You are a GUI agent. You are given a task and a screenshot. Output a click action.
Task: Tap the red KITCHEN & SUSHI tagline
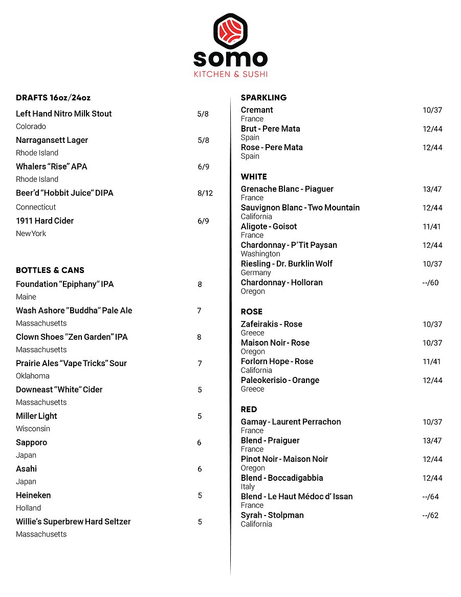(x=230, y=74)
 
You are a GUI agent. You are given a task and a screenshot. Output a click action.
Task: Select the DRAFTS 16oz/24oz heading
(x=53, y=98)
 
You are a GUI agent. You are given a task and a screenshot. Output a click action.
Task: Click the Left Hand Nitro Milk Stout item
(x=63, y=114)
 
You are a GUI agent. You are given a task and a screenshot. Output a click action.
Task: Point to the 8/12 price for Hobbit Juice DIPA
(x=205, y=193)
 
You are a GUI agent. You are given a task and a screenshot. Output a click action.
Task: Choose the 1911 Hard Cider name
(x=45, y=221)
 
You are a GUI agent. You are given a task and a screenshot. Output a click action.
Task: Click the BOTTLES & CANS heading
(x=50, y=270)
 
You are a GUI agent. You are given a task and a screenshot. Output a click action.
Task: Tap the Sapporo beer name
(x=31, y=442)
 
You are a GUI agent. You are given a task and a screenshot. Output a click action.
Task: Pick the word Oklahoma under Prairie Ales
(x=33, y=376)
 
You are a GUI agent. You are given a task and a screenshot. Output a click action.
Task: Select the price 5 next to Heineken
(x=200, y=495)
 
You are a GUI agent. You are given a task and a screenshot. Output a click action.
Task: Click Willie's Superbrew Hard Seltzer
(x=73, y=522)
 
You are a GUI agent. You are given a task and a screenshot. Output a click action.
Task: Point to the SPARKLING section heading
(x=264, y=97)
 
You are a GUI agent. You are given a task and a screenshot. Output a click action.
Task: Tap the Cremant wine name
(x=257, y=110)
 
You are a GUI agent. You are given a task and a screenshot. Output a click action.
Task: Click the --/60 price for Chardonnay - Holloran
(x=430, y=283)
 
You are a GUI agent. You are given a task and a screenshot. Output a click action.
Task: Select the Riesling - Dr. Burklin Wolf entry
(x=287, y=264)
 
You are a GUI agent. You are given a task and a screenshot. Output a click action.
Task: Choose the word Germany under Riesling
(x=256, y=273)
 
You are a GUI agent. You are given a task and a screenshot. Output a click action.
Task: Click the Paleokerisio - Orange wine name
(x=280, y=380)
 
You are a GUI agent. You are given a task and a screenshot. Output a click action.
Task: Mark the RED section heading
(x=249, y=410)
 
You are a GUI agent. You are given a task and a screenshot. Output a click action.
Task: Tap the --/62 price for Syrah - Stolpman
(x=430, y=516)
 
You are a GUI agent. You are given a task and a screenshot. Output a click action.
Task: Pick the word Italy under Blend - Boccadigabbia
(x=248, y=487)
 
